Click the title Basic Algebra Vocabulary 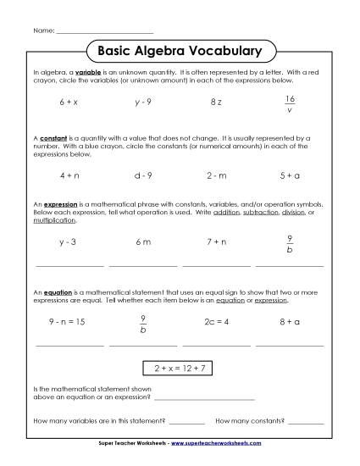[180, 51]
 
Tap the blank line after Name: [103, 32]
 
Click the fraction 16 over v [290, 103]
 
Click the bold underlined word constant [52, 136]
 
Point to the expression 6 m [142, 241]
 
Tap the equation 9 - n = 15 [69, 322]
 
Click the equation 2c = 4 [216, 322]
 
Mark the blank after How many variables [187, 423]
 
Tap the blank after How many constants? [306, 423]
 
